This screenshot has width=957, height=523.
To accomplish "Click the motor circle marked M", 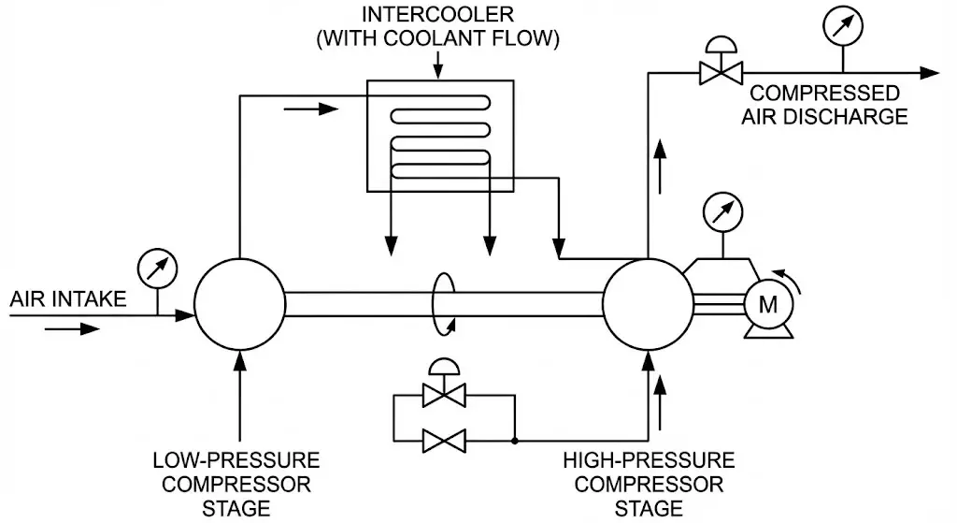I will point(767,303).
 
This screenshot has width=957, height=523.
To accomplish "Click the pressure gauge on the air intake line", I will point(156,268).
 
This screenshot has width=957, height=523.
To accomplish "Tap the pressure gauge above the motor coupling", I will point(719,211).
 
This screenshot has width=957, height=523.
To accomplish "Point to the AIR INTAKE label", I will point(67,299).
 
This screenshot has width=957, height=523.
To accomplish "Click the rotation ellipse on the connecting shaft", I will point(444,301).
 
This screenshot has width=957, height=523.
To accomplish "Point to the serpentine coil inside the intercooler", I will point(440,140).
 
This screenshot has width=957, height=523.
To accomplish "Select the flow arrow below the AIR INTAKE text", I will point(75,328).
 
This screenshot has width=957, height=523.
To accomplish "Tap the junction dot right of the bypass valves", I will point(515,439).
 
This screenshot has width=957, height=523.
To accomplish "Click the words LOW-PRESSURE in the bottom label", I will point(236,461).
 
